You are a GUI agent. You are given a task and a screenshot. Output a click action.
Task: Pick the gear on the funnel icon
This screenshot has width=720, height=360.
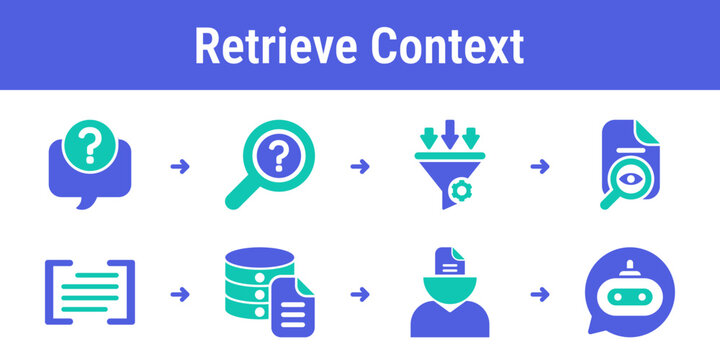point(462,188)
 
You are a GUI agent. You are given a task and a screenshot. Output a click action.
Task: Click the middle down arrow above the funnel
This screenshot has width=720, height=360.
point(449,131)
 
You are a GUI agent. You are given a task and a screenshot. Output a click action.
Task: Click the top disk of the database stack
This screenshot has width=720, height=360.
point(256,258)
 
